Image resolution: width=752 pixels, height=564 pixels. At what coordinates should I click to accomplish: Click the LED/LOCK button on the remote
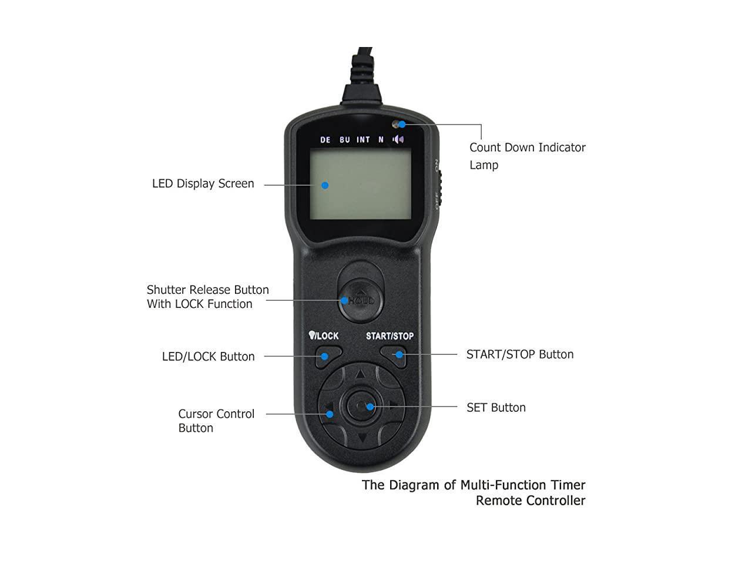(x=328, y=356)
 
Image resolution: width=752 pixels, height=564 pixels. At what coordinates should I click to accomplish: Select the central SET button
(x=362, y=406)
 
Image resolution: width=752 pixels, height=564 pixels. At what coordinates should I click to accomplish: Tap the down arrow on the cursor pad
(x=362, y=438)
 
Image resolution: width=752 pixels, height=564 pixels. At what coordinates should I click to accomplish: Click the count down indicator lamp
(x=398, y=124)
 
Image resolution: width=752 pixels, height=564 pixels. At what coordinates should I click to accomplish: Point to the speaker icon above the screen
(x=399, y=139)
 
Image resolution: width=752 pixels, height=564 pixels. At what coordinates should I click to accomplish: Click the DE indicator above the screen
(x=325, y=140)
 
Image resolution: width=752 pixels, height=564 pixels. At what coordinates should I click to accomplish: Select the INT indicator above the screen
(x=363, y=140)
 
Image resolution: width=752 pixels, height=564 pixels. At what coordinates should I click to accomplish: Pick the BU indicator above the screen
(x=344, y=140)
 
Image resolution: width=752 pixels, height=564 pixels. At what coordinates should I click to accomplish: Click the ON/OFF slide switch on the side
(x=439, y=185)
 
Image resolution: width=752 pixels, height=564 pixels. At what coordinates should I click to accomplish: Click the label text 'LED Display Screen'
(x=203, y=183)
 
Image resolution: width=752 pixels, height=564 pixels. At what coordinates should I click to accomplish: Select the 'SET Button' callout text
(x=496, y=407)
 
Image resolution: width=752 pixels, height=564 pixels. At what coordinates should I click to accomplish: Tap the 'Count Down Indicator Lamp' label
(x=527, y=156)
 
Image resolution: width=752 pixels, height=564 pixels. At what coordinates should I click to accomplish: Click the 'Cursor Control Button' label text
(x=216, y=421)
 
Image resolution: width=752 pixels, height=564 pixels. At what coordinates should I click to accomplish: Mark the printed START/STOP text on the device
(x=390, y=336)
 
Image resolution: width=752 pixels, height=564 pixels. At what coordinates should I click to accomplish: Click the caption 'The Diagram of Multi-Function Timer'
(x=473, y=485)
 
